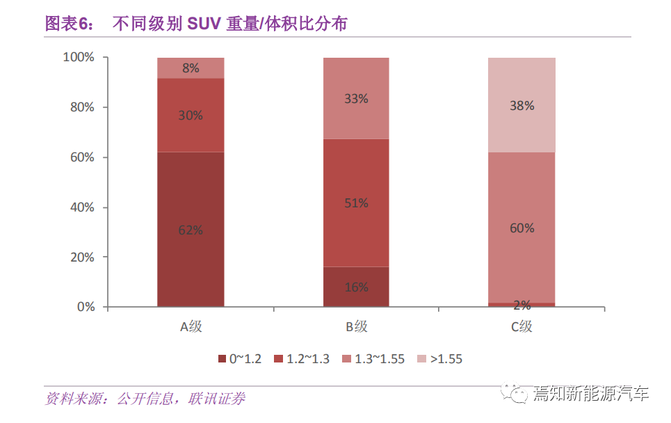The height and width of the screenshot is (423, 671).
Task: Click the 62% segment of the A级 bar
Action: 191,229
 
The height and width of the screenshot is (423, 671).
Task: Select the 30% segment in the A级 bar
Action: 191,115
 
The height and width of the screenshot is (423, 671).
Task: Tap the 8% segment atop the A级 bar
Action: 191,67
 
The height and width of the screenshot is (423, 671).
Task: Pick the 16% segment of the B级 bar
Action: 356,287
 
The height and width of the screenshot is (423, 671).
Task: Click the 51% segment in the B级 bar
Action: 356,202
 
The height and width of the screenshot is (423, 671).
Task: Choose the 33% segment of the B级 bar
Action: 356,98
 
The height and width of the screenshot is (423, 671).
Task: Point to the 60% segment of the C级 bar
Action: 522,228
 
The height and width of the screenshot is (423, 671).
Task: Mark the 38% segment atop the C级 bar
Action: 522,105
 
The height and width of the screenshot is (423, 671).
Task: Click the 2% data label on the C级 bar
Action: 522,305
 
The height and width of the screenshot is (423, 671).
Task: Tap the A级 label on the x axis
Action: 191,326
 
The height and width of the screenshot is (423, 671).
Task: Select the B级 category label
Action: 356,326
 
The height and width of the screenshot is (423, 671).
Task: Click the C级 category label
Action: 522,326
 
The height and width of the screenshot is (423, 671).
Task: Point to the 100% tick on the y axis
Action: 79,57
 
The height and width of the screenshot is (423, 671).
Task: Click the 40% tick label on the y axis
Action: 81,207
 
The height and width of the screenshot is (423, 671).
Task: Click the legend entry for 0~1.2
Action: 240,359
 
